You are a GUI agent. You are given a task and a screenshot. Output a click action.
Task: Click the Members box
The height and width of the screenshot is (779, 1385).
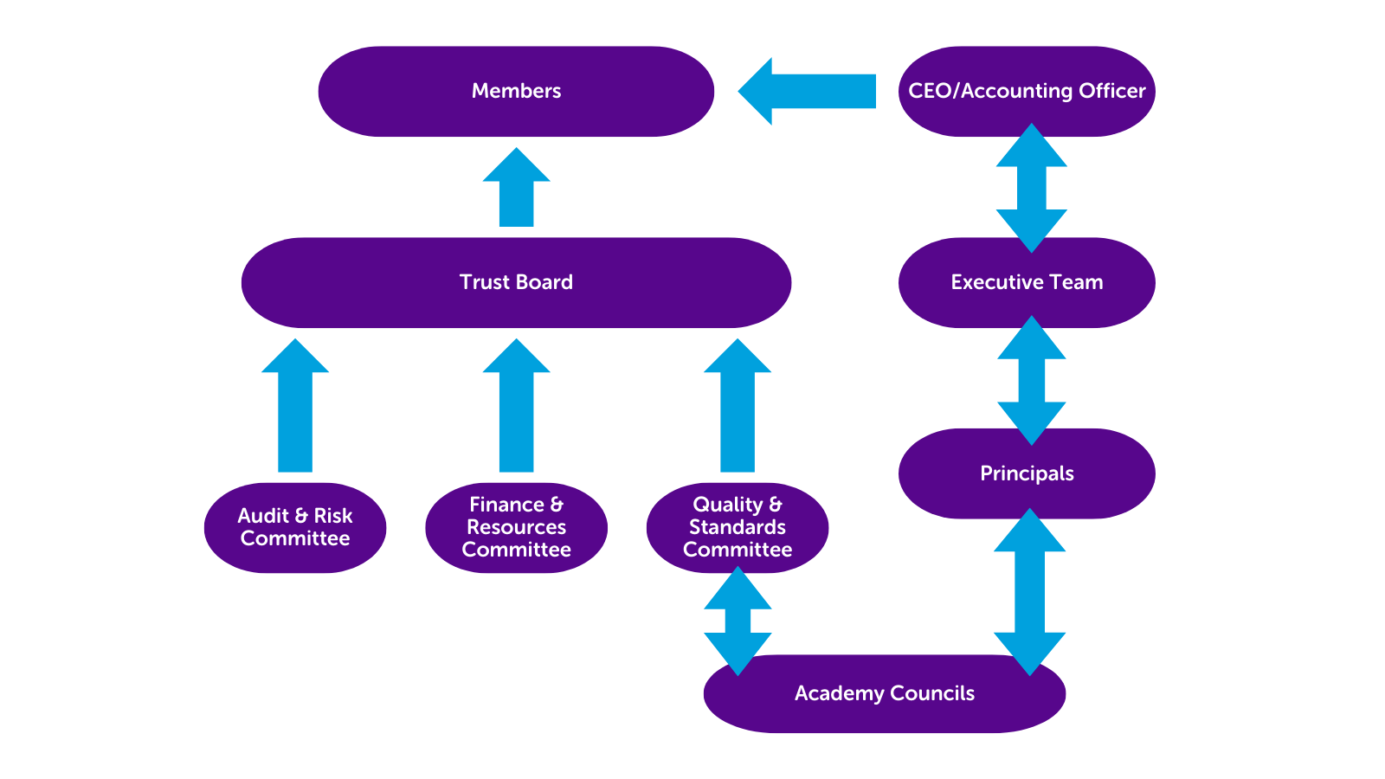click(x=516, y=92)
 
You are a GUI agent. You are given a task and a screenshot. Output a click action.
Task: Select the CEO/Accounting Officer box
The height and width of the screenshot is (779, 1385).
click(x=1027, y=91)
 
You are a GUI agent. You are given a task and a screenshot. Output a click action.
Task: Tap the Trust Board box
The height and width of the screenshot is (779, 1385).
click(x=516, y=283)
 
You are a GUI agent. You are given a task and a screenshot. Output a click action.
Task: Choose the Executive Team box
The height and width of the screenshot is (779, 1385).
click(x=1027, y=283)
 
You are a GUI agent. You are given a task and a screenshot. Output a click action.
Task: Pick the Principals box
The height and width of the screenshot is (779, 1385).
click(x=1027, y=474)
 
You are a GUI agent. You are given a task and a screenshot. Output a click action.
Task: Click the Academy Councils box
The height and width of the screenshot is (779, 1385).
click(x=885, y=694)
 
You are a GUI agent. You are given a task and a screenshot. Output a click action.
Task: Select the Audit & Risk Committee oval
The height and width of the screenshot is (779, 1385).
click(x=295, y=528)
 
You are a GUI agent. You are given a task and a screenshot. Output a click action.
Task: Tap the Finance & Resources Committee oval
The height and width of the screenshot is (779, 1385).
click(x=516, y=528)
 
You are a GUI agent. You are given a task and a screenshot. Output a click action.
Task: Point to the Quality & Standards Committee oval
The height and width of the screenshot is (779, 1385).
click(x=738, y=528)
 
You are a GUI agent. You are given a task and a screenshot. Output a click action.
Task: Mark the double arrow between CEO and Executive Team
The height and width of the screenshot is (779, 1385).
click(x=1031, y=188)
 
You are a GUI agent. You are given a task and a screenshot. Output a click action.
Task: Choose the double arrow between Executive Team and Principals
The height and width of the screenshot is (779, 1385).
click(x=1031, y=380)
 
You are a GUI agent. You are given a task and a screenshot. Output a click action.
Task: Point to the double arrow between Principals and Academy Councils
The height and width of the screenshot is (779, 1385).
click(x=1029, y=592)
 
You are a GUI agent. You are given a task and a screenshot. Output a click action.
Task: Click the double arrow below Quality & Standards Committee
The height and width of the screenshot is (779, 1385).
click(x=738, y=621)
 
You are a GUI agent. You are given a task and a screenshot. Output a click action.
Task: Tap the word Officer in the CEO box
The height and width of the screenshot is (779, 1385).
click(x=1111, y=91)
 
